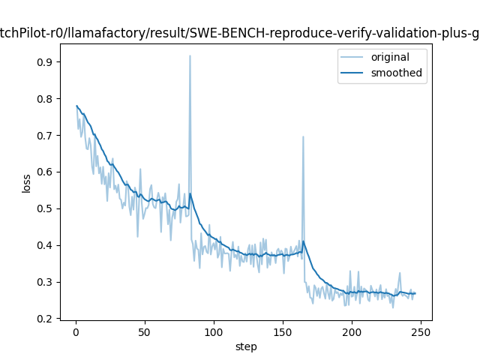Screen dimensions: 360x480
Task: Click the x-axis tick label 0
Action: (76, 331)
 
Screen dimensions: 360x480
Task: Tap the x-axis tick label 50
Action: (145, 331)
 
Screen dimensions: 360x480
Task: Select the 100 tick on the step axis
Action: (214, 331)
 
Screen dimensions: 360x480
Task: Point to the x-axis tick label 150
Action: (283, 331)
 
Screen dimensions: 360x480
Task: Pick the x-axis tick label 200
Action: (352, 331)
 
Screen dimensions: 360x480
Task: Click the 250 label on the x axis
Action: (421, 331)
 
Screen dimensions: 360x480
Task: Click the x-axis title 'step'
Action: (246, 346)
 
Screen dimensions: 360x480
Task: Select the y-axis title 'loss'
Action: (27, 183)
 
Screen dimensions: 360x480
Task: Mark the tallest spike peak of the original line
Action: (190, 55)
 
